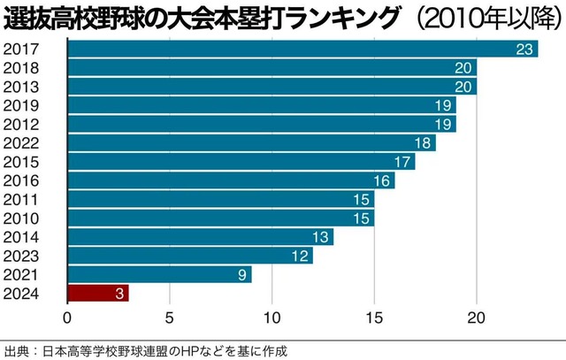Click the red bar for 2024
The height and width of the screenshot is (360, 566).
97,293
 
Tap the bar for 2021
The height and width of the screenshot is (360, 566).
159,274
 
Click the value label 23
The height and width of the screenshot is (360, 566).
526,49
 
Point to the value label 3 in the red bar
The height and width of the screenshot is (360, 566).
118,294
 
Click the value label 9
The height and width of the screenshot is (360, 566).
241,274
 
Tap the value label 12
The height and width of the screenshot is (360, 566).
301,256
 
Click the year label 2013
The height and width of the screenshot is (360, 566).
21,86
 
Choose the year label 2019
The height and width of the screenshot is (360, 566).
21,104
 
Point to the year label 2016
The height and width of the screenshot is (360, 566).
21,180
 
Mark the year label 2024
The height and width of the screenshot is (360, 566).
21,293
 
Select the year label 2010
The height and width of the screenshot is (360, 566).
21,218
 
